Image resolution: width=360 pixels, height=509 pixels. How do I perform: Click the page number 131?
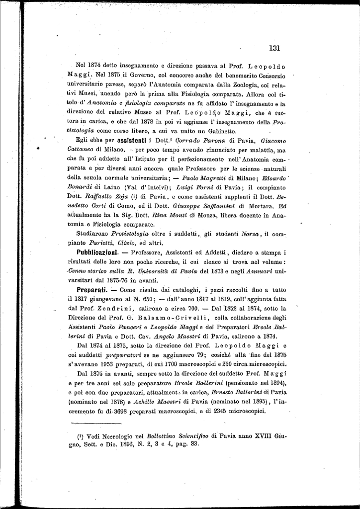tap(274, 48)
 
